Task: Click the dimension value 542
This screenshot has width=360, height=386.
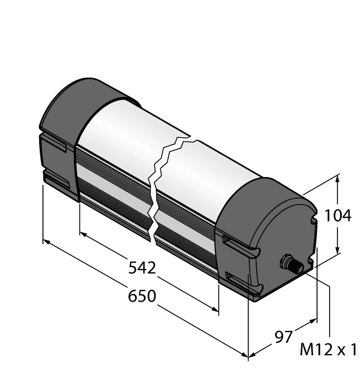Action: (x=142, y=269)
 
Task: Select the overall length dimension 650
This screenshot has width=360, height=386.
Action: (x=142, y=296)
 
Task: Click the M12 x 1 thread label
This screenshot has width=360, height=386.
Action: (x=329, y=350)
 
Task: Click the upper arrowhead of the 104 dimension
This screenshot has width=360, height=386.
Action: (x=337, y=179)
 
